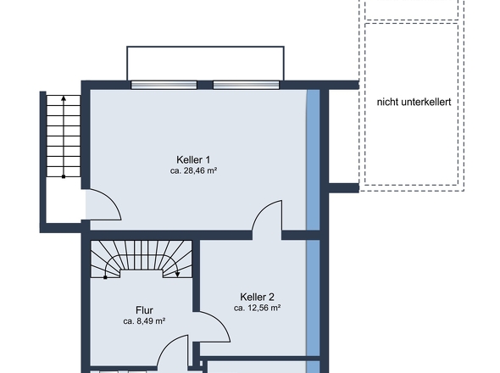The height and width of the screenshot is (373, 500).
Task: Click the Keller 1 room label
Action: pyautogui.click(x=193, y=159)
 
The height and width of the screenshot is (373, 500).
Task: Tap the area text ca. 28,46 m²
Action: pyautogui.click(x=193, y=170)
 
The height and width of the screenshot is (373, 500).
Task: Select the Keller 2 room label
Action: pyautogui.click(x=257, y=297)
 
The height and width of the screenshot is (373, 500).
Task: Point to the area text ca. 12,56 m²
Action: pyautogui.click(x=257, y=308)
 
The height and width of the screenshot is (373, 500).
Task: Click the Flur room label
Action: pyautogui.click(x=144, y=310)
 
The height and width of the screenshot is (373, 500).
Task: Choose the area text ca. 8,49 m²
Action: pyautogui.click(x=144, y=321)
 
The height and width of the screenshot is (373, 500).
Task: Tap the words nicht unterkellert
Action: pyautogui.click(x=414, y=102)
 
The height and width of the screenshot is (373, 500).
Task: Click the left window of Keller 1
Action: pyautogui.click(x=164, y=85)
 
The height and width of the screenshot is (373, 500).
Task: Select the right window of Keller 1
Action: pyautogui.click(x=246, y=85)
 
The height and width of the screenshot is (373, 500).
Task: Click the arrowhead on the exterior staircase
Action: pyautogui.click(x=64, y=98)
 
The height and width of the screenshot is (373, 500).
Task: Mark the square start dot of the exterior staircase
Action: pyautogui.click(x=64, y=176)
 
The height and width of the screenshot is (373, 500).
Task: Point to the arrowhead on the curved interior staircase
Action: pyautogui.click(x=178, y=274)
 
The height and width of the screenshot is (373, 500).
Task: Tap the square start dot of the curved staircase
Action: pyautogui.click(x=105, y=277)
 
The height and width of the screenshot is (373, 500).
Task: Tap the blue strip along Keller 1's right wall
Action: pyautogui.click(x=314, y=159)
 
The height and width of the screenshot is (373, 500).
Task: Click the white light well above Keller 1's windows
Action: pyautogui.click(x=205, y=64)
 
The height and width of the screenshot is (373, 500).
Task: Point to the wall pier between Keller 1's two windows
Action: pyautogui.click(x=205, y=85)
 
